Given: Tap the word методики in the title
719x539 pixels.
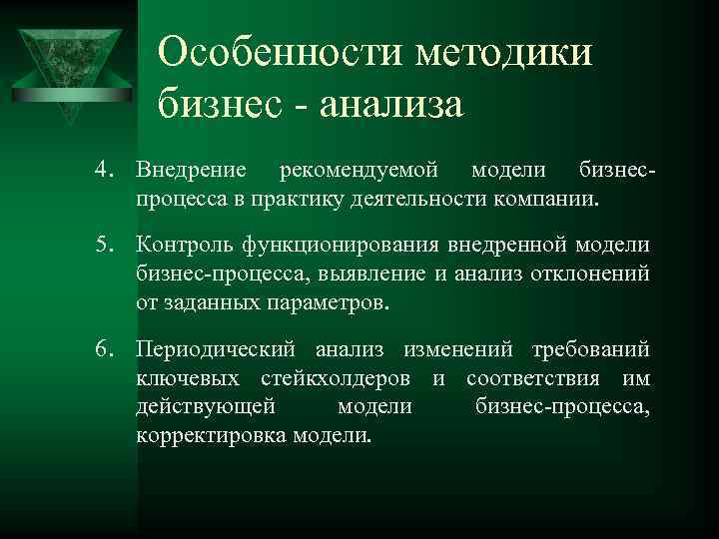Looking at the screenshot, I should click(x=505, y=50).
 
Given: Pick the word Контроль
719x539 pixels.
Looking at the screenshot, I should click(x=186, y=246).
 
